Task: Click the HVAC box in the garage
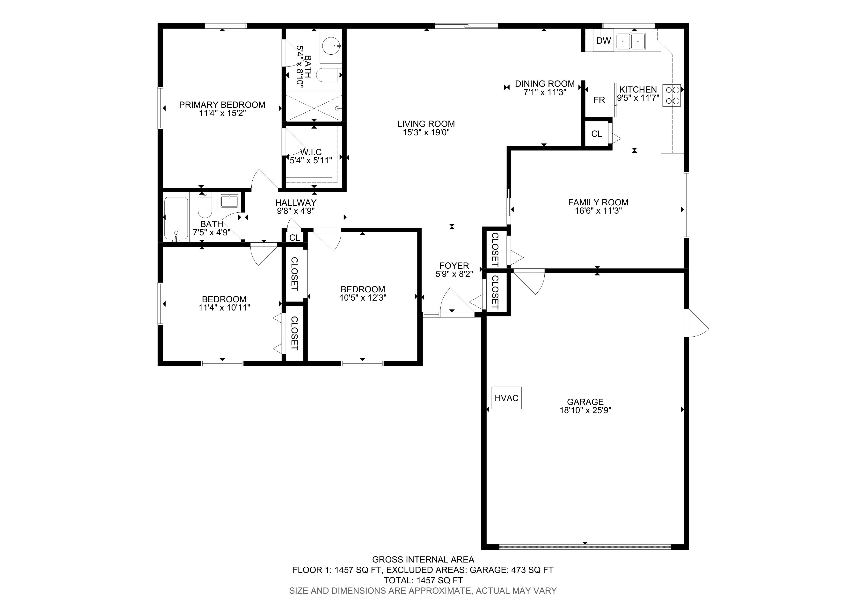point(506,398)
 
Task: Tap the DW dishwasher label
point(604,41)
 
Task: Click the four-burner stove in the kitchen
point(672,95)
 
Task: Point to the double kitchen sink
point(630,41)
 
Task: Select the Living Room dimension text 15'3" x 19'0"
point(426,132)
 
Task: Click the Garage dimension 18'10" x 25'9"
point(585,410)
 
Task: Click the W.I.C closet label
point(311,152)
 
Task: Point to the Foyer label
point(454,266)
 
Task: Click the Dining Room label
point(545,84)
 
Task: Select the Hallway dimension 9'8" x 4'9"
point(296,211)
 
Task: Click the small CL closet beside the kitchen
point(597,134)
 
